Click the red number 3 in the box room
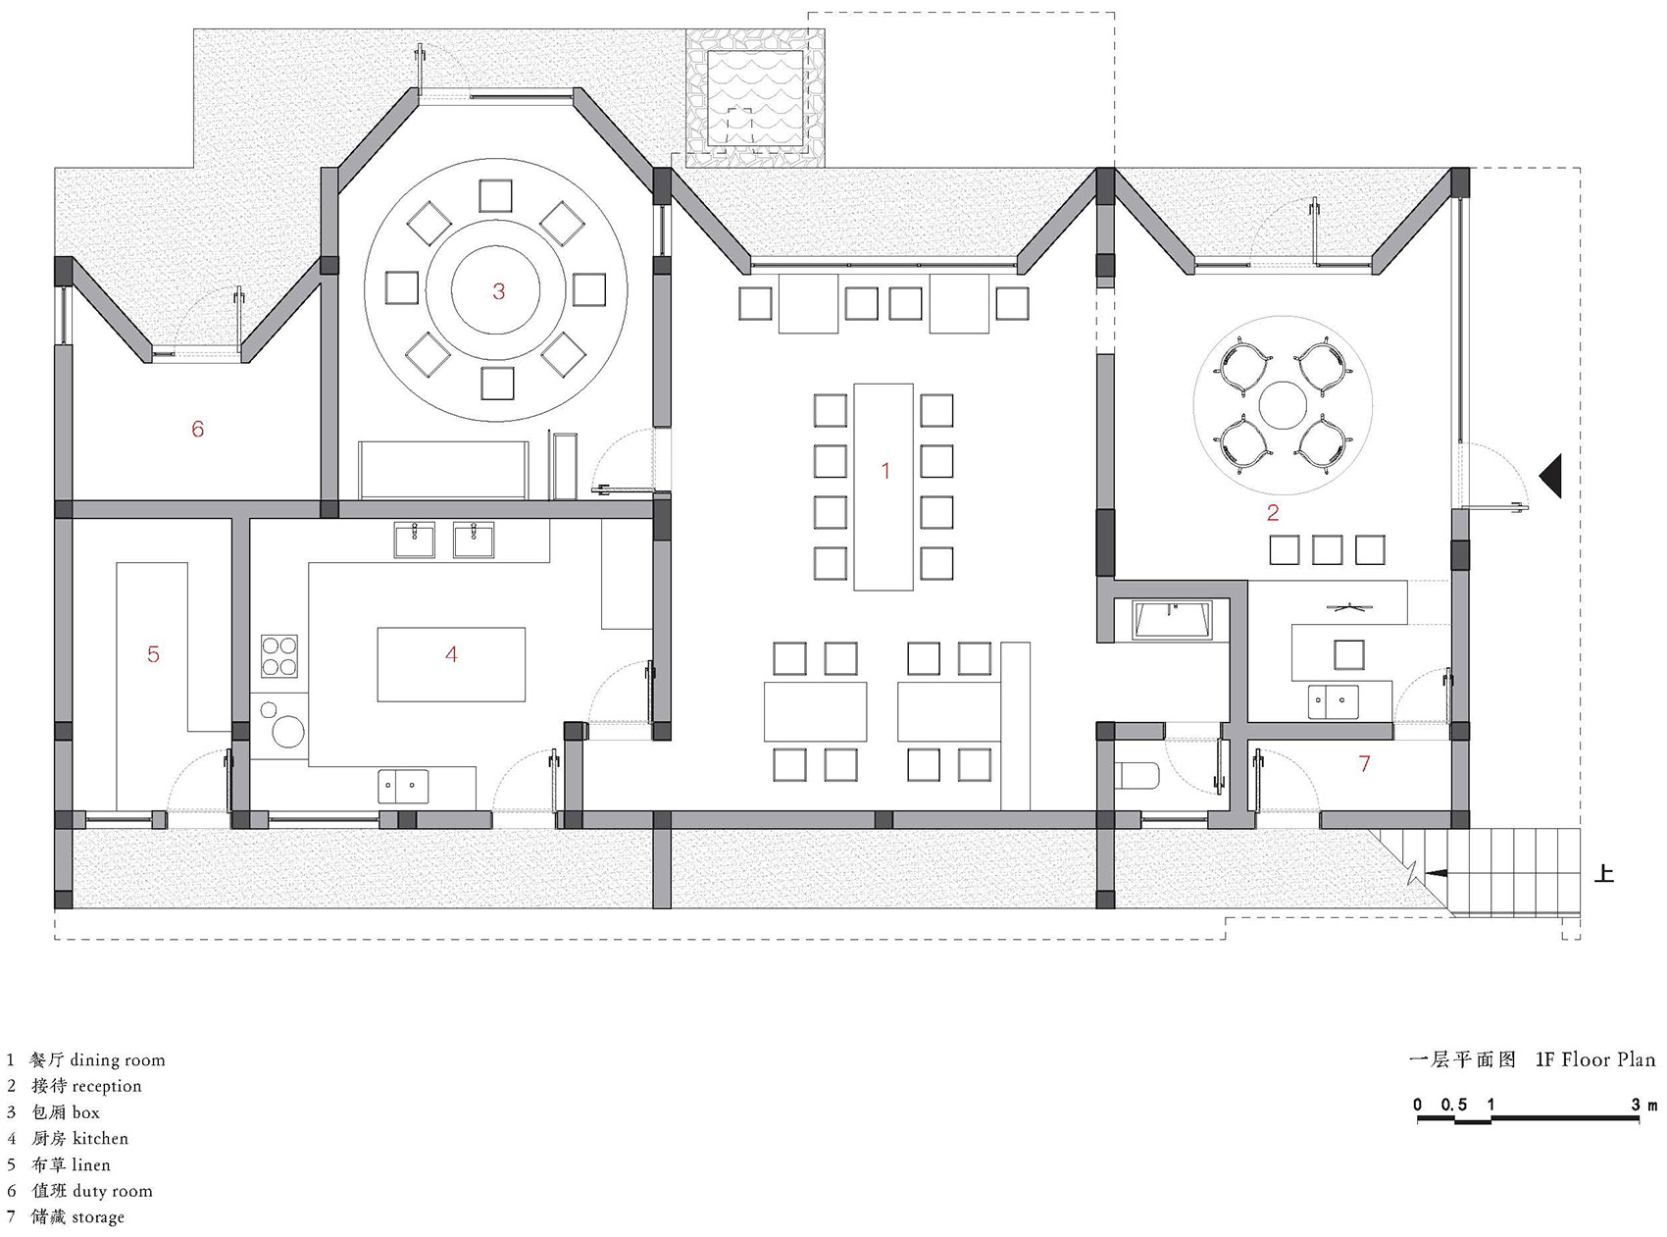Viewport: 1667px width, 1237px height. click(x=499, y=291)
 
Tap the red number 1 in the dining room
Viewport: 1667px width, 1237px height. click(x=885, y=471)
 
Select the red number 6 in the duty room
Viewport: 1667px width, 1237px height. click(x=197, y=429)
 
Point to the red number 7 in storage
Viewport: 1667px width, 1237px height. click(x=1364, y=762)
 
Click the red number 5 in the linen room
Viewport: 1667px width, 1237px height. click(x=153, y=654)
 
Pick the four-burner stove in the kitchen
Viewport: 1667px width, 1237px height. click(x=279, y=656)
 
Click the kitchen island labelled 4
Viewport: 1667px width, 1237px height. click(x=451, y=664)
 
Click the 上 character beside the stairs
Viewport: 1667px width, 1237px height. click(x=1603, y=872)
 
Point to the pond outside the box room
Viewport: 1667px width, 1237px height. click(x=756, y=100)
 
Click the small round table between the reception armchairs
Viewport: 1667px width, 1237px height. click(x=1282, y=405)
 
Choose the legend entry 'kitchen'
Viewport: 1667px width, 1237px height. click(x=100, y=1138)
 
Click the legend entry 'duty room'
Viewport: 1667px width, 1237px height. click(x=113, y=1191)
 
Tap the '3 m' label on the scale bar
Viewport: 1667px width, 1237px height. click(x=1644, y=1105)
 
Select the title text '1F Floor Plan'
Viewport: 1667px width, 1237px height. click(x=1595, y=1059)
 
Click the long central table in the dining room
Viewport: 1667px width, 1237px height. click(x=884, y=486)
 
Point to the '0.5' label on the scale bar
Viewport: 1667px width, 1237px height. click(x=1454, y=1105)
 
